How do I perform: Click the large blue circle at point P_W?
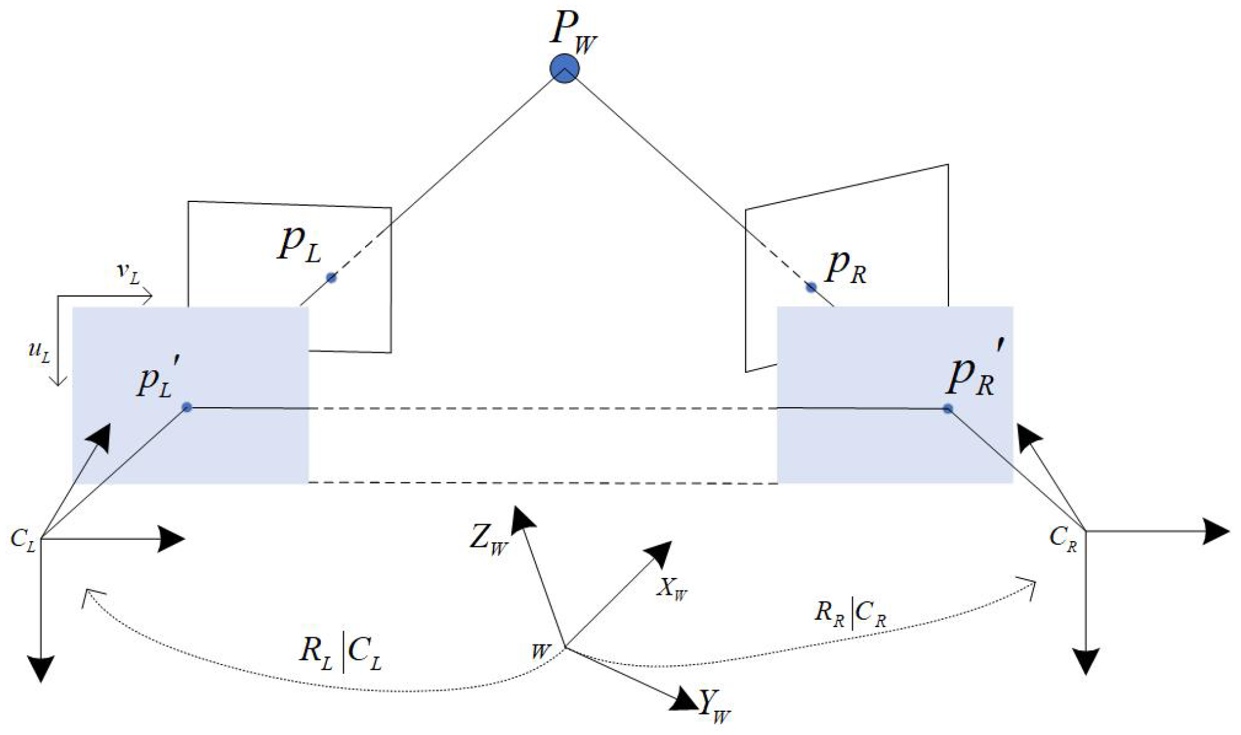click(x=564, y=69)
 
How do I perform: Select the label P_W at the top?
click(x=573, y=31)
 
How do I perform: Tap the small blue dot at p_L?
click(x=331, y=277)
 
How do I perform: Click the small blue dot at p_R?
click(x=810, y=287)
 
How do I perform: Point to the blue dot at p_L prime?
click(x=187, y=407)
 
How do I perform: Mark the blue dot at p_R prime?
click(x=948, y=408)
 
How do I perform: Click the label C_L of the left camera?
click(x=23, y=540)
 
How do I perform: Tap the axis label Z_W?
click(x=489, y=539)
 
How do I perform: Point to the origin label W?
click(x=540, y=652)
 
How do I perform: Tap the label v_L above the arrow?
click(x=129, y=273)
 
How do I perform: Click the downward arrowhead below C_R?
click(x=1086, y=661)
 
